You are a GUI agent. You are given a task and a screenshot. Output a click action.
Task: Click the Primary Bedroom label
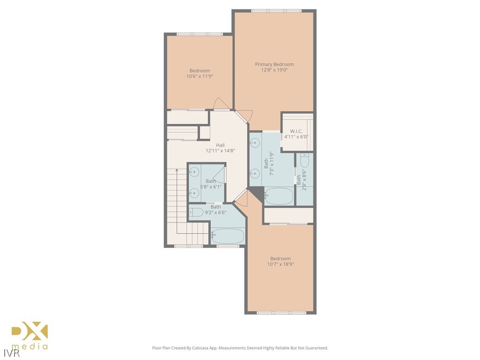coord(274,64)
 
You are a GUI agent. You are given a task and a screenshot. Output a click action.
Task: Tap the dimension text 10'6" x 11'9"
coord(200,76)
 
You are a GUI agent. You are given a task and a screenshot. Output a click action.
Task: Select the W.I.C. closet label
coord(295,131)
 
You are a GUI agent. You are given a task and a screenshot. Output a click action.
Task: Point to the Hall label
coord(220,145)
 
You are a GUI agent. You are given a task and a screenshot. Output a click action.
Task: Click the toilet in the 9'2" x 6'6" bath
coord(196,212)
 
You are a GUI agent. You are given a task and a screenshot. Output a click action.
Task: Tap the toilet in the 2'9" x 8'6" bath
coord(304,162)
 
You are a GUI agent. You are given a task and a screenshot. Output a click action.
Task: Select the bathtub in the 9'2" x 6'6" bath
coord(227,236)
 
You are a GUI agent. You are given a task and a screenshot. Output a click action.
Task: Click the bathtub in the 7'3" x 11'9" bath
coord(279,196)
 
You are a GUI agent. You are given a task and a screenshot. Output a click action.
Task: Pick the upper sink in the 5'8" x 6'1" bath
coord(194,172)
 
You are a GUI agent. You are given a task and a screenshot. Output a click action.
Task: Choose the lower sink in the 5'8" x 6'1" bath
coord(194,192)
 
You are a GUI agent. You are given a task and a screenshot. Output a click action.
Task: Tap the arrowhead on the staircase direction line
coord(176,171)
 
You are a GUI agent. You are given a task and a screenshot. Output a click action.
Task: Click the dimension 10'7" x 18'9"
coord(280,264)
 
